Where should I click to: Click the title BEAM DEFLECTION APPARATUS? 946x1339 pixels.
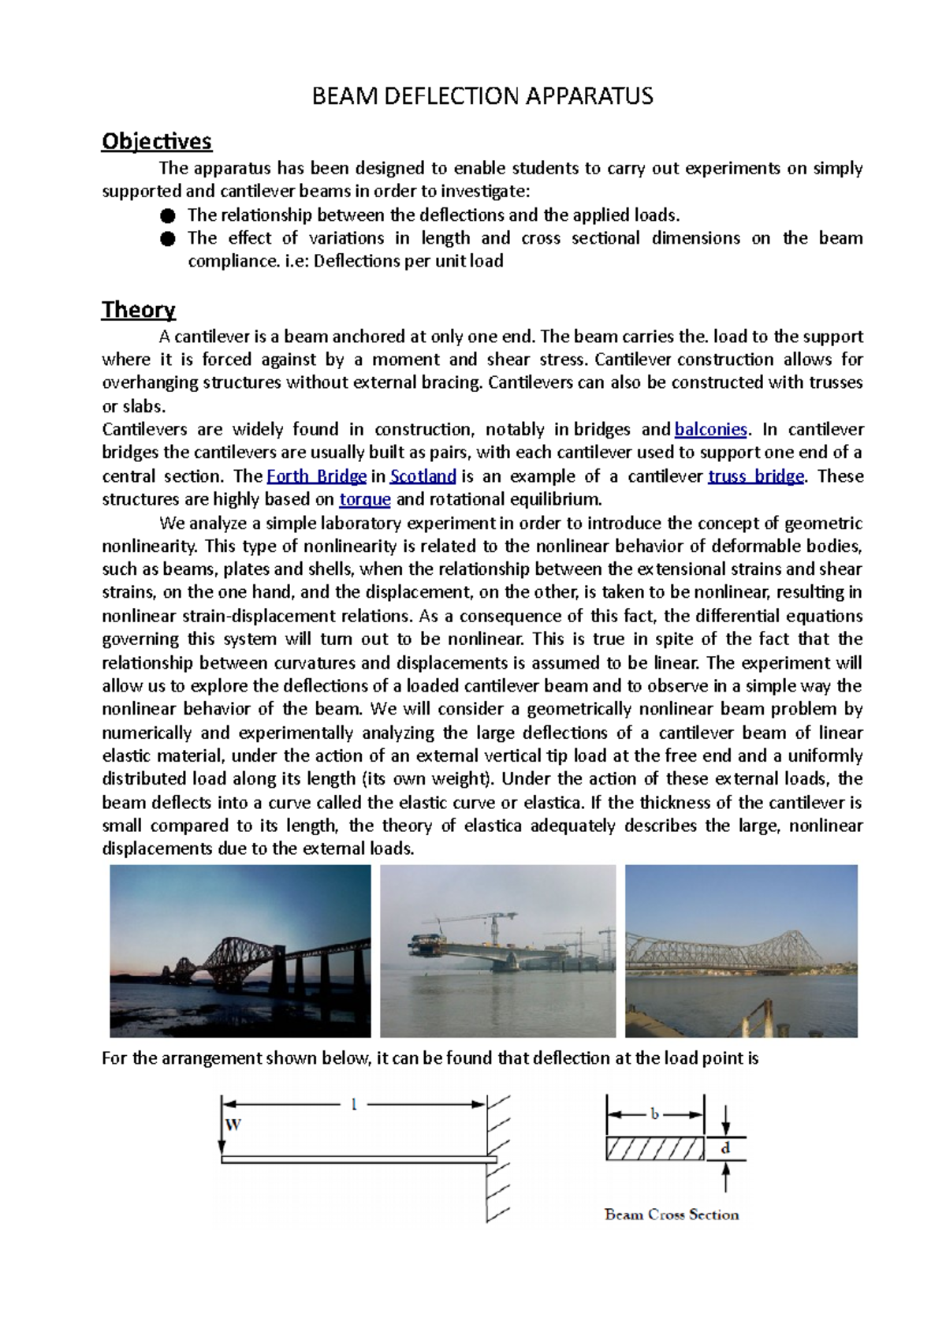pyautogui.click(x=482, y=96)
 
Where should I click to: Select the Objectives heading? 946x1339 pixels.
pyautogui.click(x=156, y=141)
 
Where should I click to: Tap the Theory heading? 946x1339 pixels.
pyautogui.click(x=138, y=310)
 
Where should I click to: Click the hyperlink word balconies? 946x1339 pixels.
pyautogui.click(x=710, y=430)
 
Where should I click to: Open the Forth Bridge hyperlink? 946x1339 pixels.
pyautogui.click(x=316, y=476)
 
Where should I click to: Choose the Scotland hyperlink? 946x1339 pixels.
pyautogui.click(x=423, y=476)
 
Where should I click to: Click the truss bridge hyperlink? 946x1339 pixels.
pyautogui.click(x=755, y=476)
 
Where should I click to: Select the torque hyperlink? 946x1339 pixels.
pyautogui.click(x=364, y=499)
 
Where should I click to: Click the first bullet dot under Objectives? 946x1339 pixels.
pyautogui.click(x=167, y=216)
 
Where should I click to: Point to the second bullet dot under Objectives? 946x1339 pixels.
pyautogui.click(x=167, y=239)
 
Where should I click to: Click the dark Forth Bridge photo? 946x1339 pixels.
pyautogui.click(x=240, y=950)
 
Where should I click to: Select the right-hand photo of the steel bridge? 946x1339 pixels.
pyautogui.click(x=740, y=950)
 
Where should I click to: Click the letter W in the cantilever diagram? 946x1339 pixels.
pyautogui.click(x=233, y=1125)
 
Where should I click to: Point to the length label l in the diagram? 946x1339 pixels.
pyautogui.click(x=354, y=1105)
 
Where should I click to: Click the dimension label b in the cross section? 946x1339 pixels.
pyautogui.click(x=654, y=1114)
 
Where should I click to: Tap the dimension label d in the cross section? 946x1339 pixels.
pyautogui.click(x=725, y=1148)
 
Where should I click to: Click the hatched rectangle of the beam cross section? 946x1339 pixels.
pyautogui.click(x=654, y=1149)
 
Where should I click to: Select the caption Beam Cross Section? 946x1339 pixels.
pyautogui.click(x=671, y=1214)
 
